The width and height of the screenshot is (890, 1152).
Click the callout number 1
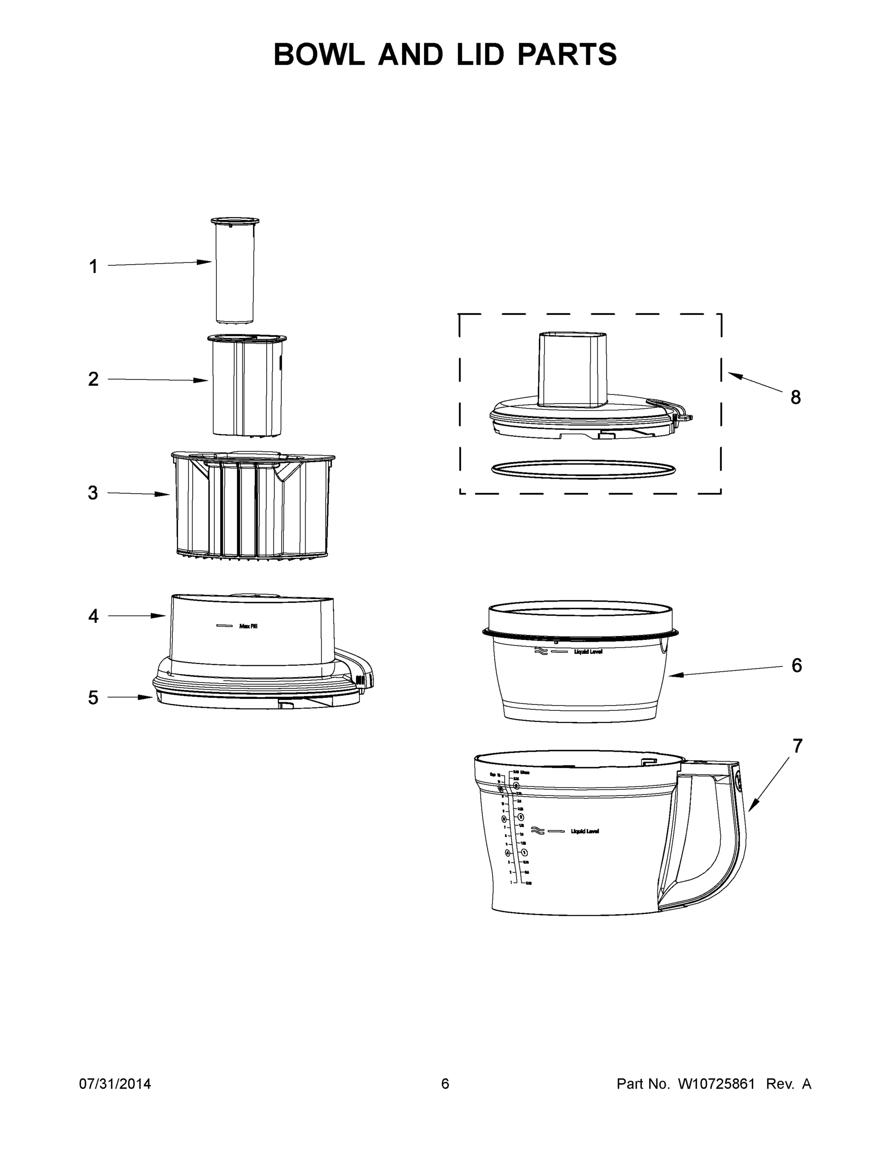[94, 267]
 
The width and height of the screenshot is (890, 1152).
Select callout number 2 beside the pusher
[94, 379]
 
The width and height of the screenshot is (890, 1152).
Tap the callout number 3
[93, 493]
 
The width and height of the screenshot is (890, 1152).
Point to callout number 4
[94, 616]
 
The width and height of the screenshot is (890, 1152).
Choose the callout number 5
[94, 698]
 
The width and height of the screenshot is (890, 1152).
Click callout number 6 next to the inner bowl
[796, 666]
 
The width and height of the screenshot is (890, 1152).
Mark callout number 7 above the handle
[798, 746]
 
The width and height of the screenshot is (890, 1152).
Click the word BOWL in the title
[319, 54]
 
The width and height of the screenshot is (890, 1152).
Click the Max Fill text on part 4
[249, 626]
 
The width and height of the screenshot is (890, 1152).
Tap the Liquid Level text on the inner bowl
[588, 652]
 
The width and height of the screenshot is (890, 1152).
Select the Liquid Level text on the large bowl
[585, 831]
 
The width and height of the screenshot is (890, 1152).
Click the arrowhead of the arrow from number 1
[206, 262]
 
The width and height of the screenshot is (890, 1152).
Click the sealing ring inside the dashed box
[583, 469]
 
